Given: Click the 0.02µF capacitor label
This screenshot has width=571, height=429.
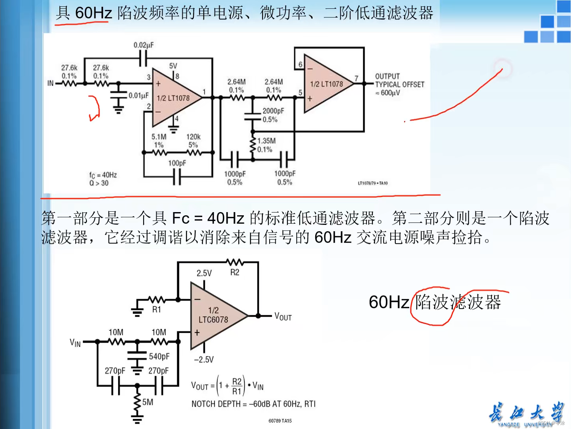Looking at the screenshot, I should pyautogui.click(x=144, y=45).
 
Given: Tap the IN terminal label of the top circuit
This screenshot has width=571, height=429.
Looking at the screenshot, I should pyautogui.click(x=50, y=83).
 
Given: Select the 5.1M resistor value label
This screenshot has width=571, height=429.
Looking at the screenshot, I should pyautogui.click(x=159, y=137).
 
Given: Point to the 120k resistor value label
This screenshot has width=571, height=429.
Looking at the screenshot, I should pyautogui.click(x=194, y=137).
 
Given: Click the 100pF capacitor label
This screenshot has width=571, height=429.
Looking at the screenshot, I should pyautogui.click(x=177, y=163).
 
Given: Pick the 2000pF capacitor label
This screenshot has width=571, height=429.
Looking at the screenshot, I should pyautogui.click(x=273, y=111).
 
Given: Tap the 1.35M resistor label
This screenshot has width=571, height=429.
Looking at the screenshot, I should pyautogui.click(x=266, y=141).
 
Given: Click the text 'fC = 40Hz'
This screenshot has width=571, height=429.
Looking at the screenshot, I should pyautogui.click(x=103, y=175).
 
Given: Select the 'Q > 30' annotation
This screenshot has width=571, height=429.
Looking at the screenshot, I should pyautogui.click(x=99, y=183).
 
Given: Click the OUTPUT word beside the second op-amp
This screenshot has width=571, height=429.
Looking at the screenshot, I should pyautogui.click(x=387, y=76).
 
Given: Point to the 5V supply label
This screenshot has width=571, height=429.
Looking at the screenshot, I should pyautogui.click(x=173, y=66).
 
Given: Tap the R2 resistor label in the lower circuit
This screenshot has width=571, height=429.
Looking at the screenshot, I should pyautogui.click(x=235, y=272).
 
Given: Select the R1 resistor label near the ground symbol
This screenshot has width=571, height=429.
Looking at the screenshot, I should pyautogui.click(x=157, y=309).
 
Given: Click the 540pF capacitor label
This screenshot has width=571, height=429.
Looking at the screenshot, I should pyautogui.click(x=159, y=356).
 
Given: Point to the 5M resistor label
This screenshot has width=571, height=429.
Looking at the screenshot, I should pyautogui.click(x=148, y=402).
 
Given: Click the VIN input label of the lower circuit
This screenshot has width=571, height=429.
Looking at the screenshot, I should pyautogui.click(x=75, y=343).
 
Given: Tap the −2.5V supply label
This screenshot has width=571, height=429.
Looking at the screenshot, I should pyautogui.click(x=204, y=359).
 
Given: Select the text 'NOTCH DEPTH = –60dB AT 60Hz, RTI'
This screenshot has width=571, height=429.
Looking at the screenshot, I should pyautogui.click(x=253, y=404).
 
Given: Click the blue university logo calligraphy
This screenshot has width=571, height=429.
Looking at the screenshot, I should pyautogui.click(x=526, y=413).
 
